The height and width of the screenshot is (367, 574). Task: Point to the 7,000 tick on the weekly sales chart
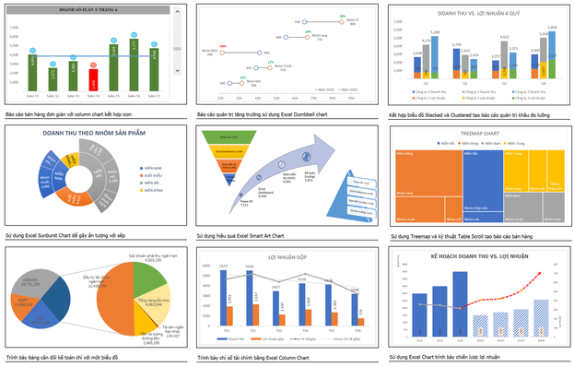pyautogui.click(x=13, y=26)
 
